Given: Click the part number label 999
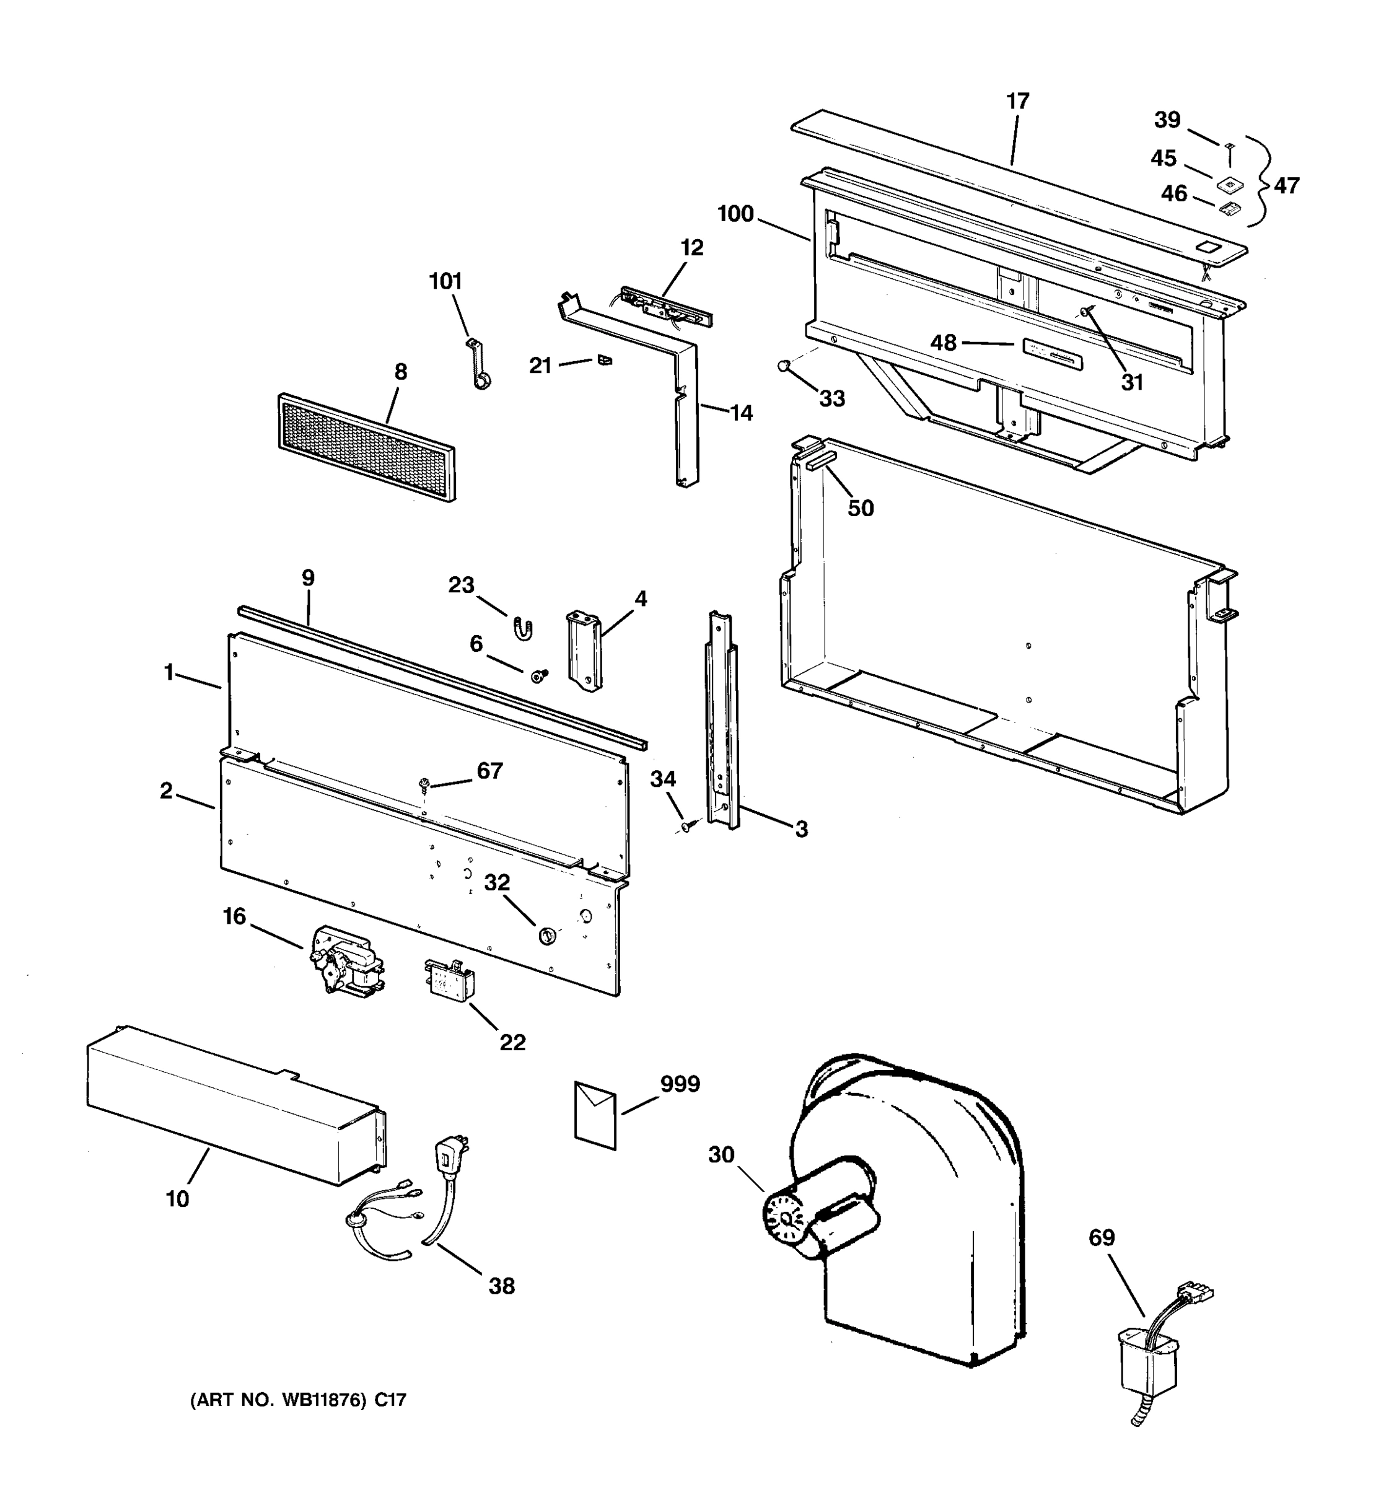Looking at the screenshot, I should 679,1084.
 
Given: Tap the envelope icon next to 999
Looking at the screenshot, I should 595,1115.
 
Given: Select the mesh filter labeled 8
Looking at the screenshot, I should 366,447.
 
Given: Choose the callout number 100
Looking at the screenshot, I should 735,214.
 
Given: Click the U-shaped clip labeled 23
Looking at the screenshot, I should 521,628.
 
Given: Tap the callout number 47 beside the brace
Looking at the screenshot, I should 1286,185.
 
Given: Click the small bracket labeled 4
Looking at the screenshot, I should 585,649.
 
